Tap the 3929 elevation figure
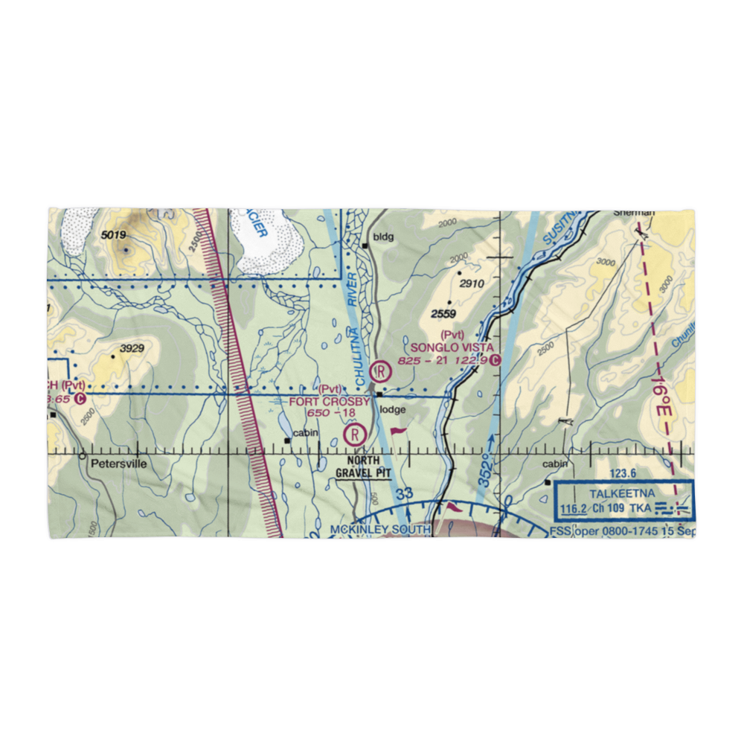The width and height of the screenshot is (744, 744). pos(130,347)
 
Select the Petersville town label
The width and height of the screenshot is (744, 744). pos(119,464)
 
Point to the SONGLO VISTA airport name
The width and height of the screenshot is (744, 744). pos(452,347)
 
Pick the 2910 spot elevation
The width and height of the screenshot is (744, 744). pos(472,283)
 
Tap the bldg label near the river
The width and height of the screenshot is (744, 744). pos(384,237)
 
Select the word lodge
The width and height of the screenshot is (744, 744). pos(392,409)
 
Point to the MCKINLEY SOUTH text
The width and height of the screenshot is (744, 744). pos(380,530)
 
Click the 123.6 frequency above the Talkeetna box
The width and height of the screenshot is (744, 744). pos(622,473)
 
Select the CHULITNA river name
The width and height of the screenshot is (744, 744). pos(361,358)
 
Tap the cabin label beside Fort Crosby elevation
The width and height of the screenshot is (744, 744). pos(305,433)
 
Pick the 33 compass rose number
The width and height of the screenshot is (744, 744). pos(403,493)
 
